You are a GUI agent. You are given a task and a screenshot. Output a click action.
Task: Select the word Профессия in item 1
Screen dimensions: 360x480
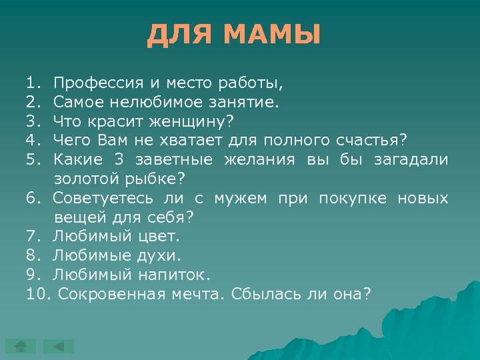point(99,84)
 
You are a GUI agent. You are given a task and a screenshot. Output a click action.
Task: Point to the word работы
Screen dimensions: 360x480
point(254,84)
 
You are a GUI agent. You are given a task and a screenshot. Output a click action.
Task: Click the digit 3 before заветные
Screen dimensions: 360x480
point(118,160)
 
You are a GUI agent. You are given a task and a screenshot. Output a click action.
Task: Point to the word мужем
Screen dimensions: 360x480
point(241,198)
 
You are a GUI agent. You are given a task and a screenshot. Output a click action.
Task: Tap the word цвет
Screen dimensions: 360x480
point(159,236)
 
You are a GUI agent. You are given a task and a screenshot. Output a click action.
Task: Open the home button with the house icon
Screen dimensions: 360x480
point(21,346)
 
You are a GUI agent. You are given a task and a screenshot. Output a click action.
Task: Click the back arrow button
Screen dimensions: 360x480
point(59,346)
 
